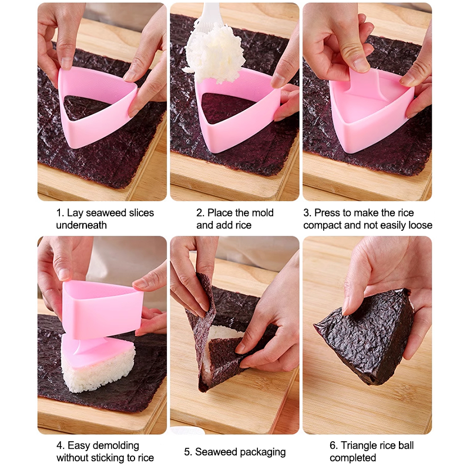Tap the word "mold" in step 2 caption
pyautogui.click(x=262, y=213)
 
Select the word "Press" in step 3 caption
pyautogui.click(x=327, y=213)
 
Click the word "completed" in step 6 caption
pyautogui.click(x=353, y=458)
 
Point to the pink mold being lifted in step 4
pyautogui.click(x=102, y=309)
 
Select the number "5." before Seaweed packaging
pyautogui.click(x=188, y=452)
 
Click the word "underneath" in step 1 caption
pyautogui.click(x=81, y=225)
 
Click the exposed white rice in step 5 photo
pyautogui.click(x=223, y=333)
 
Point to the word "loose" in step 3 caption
pyautogui.click(x=421, y=225)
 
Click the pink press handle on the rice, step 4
pyautogui.click(x=87, y=345)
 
